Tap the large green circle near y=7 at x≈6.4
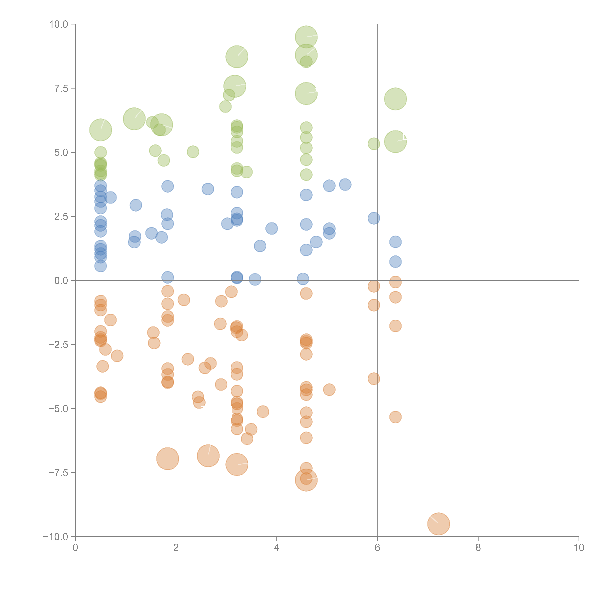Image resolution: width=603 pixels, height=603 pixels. pos(395,99)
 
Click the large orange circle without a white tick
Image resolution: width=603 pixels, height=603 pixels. pos(168,459)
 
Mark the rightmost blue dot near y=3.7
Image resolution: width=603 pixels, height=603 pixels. pos(345,185)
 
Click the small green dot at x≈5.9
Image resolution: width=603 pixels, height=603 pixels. pos(374,144)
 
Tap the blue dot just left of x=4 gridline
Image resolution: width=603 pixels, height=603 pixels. pos(272,228)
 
